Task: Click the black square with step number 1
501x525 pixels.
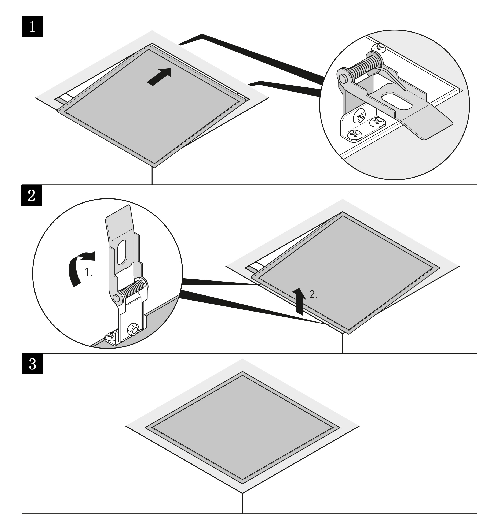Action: pyautogui.click(x=32, y=26)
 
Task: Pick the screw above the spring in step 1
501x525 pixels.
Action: pyautogui.click(x=379, y=48)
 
